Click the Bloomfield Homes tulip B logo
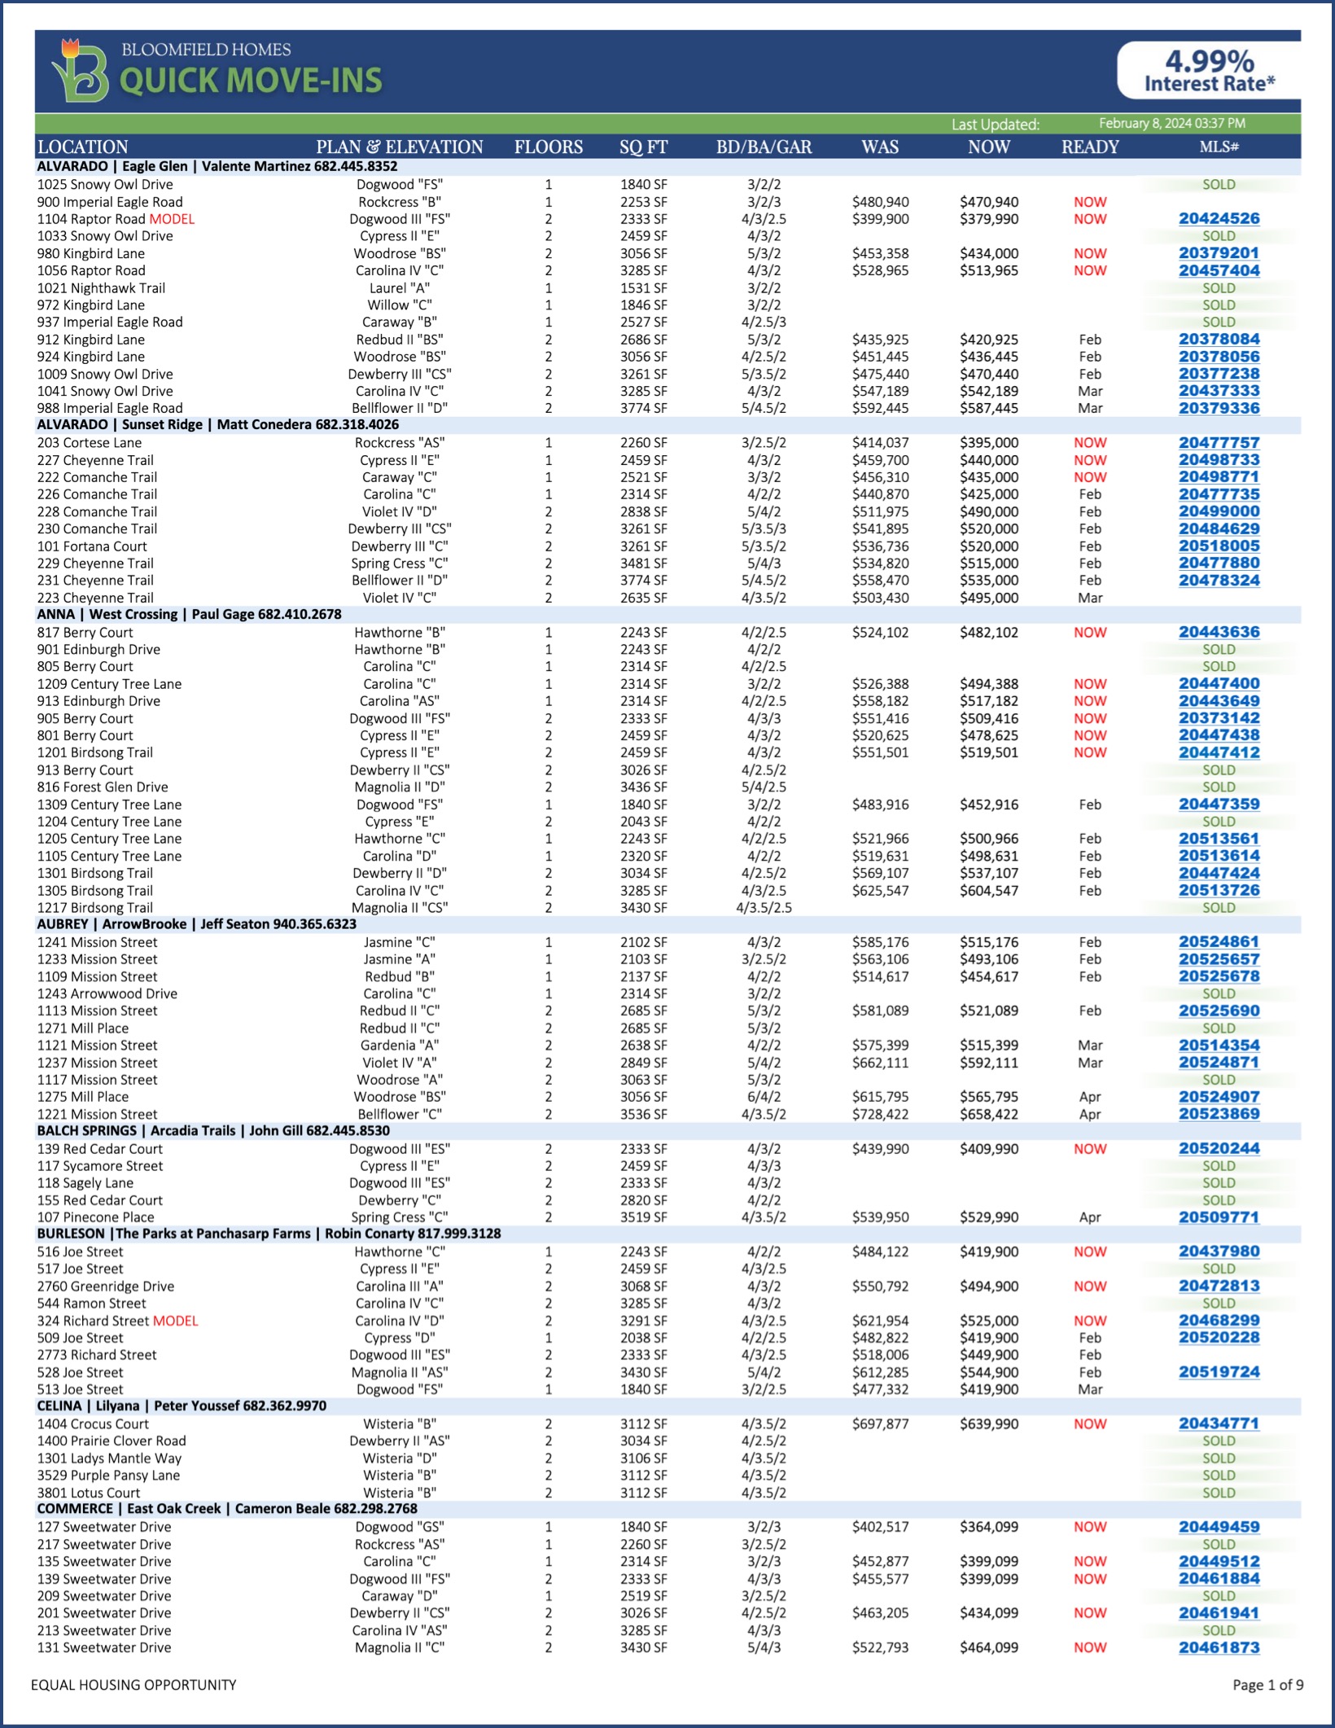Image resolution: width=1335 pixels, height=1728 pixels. [80, 72]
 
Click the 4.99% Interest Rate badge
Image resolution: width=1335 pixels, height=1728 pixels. [1210, 71]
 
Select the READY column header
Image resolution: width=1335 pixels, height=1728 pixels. [1090, 147]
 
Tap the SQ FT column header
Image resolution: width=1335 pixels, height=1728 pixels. [643, 147]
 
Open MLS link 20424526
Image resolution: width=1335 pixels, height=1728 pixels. [1219, 219]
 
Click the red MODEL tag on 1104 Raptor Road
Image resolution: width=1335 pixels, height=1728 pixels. [172, 219]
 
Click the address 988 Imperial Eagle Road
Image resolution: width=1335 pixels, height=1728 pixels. [110, 409]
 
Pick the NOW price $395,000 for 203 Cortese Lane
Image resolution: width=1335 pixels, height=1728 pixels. [988, 443]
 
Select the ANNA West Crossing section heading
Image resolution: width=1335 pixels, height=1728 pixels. [189, 615]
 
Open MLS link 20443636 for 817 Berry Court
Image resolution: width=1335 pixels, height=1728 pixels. [1219, 633]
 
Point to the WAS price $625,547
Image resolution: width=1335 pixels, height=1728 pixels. [880, 891]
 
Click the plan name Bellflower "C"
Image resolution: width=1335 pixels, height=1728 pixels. [399, 1115]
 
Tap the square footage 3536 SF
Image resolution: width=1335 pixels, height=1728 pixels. [643, 1115]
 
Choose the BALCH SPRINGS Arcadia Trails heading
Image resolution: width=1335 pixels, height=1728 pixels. [213, 1131]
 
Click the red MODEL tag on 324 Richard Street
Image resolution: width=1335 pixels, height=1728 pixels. [176, 1321]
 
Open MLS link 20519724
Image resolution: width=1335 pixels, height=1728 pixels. [1219, 1373]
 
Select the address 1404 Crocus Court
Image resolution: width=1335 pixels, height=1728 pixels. [93, 1424]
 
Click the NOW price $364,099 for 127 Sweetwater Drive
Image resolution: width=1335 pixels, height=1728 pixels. [988, 1528]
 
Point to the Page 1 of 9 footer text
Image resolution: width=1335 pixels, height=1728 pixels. [1267, 1685]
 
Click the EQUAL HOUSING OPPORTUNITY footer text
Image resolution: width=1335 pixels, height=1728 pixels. [133, 1685]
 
